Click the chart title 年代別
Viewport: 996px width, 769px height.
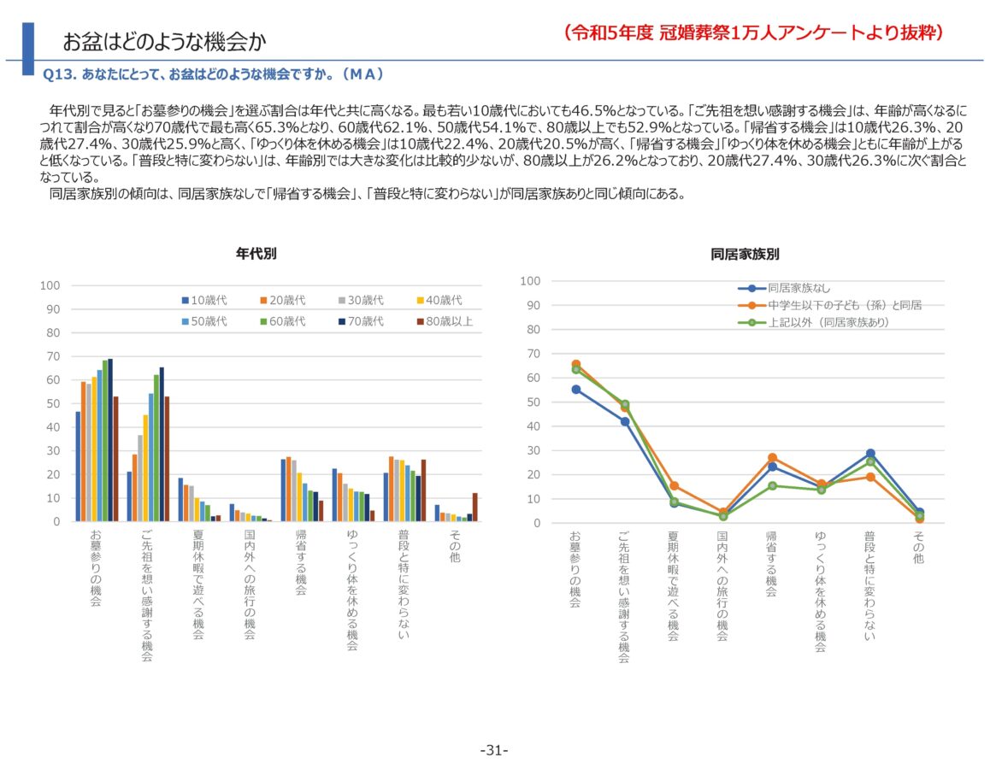[x=256, y=254]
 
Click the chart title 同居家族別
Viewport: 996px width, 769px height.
[x=745, y=254]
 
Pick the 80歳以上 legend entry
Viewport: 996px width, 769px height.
[x=444, y=321]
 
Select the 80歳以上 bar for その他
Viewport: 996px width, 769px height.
[x=474, y=507]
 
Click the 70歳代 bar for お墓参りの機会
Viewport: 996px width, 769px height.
[x=110, y=440]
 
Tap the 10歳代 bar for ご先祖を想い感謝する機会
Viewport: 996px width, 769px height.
[x=129, y=496]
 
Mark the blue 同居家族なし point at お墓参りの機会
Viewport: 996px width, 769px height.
[x=576, y=390]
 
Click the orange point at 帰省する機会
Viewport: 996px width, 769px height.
[x=772, y=458]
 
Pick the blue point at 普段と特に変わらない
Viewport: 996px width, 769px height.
[x=870, y=454]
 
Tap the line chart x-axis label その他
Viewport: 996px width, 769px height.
[x=919, y=548]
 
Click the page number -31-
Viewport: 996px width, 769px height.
[x=494, y=750]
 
